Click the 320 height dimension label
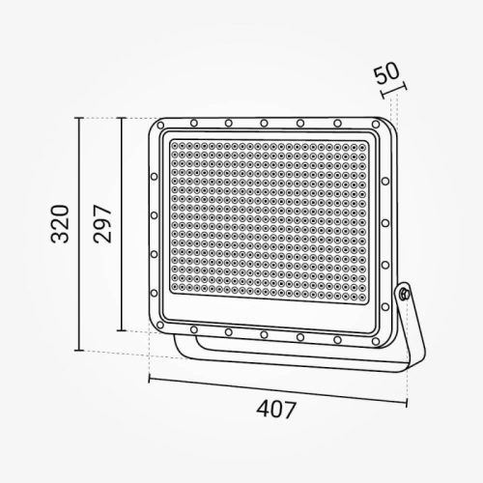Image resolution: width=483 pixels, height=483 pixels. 59,224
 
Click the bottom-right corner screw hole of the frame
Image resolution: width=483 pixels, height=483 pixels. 373,340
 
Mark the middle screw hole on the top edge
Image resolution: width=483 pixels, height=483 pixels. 264,123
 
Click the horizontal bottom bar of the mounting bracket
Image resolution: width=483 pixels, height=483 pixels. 290,366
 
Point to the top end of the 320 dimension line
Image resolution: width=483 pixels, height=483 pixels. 78,117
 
